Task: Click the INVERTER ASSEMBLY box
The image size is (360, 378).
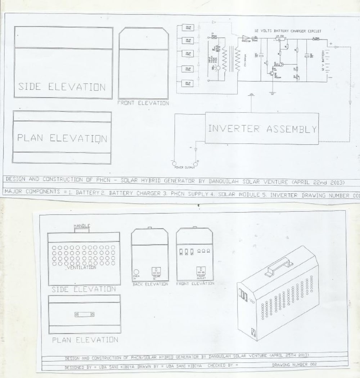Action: [x=262, y=129]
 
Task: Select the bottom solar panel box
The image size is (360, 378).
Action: [x=188, y=84]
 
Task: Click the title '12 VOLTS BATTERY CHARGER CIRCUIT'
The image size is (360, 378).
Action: [x=288, y=31]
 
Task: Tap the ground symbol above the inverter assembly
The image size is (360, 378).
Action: [x=251, y=95]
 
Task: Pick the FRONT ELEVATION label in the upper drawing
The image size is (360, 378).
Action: [x=143, y=103]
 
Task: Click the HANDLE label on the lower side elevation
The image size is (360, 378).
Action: [x=82, y=226]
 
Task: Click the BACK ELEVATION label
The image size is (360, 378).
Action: [x=150, y=284]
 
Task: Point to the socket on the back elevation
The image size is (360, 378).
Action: [x=157, y=271]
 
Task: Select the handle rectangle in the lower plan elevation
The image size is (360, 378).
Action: [x=84, y=314]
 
